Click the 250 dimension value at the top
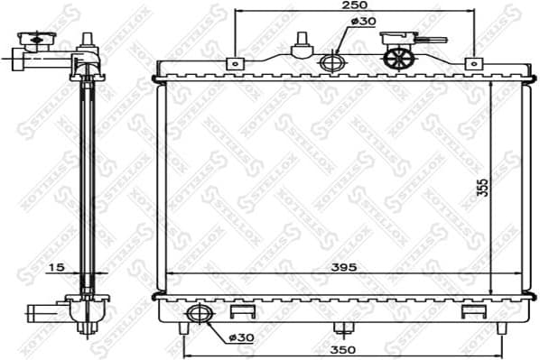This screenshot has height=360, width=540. pyautogui.click(x=353, y=6)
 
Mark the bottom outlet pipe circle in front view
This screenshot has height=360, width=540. pyautogui.click(x=196, y=315)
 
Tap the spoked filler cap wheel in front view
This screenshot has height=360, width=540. pyautogui.click(x=397, y=58)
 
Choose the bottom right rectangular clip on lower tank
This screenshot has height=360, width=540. pyautogui.click(x=472, y=311)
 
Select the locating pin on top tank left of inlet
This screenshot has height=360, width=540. pyautogui.click(x=300, y=43)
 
